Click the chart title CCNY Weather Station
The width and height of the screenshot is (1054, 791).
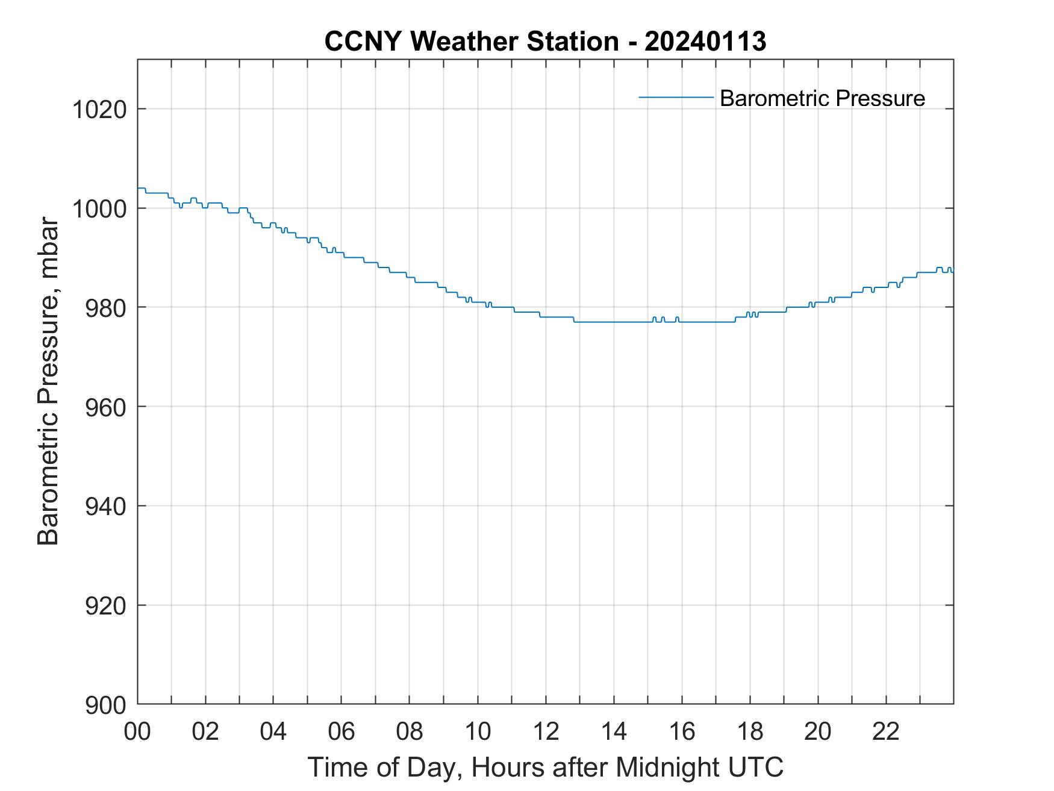click(x=471, y=42)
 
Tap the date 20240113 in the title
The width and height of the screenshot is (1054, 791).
click(x=705, y=42)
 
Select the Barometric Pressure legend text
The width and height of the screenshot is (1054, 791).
click(x=822, y=98)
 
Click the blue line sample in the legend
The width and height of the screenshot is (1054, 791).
click(x=676, y=97)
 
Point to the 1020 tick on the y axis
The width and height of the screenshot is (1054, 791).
click(x=99, y=110)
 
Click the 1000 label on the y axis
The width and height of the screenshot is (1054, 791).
click(x=99, y=208)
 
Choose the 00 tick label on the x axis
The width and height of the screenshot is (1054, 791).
click(x=137, y=731)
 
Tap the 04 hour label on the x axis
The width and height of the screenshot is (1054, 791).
click(x=273, y=731)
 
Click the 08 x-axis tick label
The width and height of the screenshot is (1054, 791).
click(x=410, y=731)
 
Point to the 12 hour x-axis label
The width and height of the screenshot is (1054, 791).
click(x=546, y=731)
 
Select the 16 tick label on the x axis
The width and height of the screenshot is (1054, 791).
click(x=682, y=731)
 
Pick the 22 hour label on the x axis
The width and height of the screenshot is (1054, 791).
click(x=886, y=731)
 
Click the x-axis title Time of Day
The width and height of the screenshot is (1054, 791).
click(x=545, y=768)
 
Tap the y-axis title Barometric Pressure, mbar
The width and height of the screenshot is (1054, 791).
click(x=48, y=382)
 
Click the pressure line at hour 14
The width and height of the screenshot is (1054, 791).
click(x=614, y=322)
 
